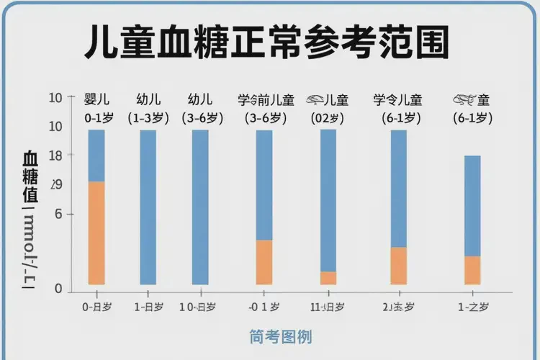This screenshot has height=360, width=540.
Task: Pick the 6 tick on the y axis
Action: click(x=58, y=214)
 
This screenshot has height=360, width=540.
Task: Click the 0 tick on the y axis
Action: click(x=58, y=289)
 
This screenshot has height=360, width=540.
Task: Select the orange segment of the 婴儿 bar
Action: click(x=96, y=233)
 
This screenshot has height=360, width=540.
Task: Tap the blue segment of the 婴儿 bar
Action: click(x=96, y=156)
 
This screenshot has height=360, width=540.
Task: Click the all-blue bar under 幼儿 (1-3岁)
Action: click(x=148, y=207)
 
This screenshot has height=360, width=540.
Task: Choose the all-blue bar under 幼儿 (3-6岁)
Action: click(x=200, y=207)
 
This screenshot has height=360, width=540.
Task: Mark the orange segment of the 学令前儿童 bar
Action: click(x=264, y=262)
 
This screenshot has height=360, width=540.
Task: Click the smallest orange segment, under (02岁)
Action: click(x=328, y=278)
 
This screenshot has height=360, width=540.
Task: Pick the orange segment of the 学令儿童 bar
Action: click(x=399, y=266)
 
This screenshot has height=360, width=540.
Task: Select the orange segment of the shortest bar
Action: click(x=472, y=270)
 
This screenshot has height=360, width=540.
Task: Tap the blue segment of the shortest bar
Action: click(x=472, y=205)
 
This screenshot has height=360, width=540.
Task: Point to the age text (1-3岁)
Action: click(x=148, y=117)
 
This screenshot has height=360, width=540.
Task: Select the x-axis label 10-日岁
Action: click(x=197, y=307)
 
